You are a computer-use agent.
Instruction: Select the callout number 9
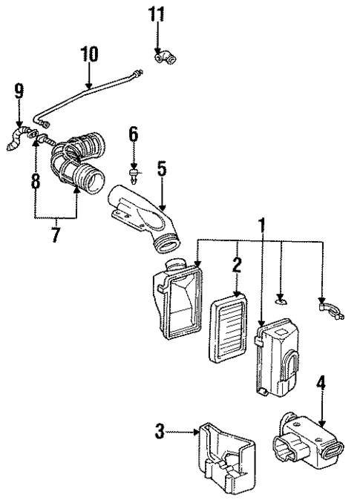pos(18,92)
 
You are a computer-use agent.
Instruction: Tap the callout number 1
pos(261,224)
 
